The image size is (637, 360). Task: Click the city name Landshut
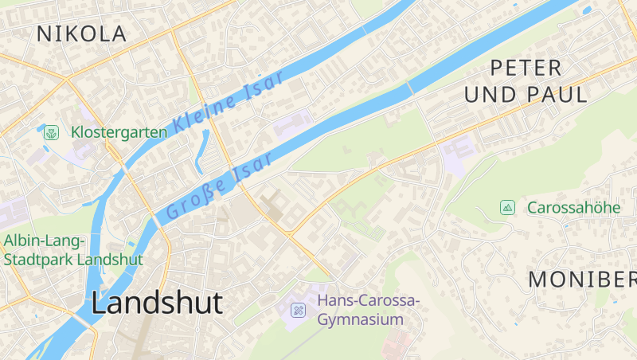pos(156,303)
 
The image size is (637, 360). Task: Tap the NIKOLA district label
pos(81,34)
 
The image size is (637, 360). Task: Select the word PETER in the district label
pos(526,68)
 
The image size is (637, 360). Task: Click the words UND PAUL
pos(526,95)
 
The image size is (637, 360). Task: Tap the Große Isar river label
pos(220,186)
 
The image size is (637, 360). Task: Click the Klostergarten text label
pos(119,132)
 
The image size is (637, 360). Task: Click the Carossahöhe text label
pos(573,208)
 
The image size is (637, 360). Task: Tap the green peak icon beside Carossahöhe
pos(507,208)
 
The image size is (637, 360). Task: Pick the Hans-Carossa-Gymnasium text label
pos(368,310)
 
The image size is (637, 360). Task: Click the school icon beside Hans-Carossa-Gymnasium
pos(298,310)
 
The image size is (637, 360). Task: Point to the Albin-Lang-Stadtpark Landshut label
pos(73,249)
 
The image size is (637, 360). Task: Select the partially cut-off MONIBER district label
pos(582,280)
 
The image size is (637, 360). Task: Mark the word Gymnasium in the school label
pos(360,320)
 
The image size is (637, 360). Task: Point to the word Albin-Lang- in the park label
pos(45,240)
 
